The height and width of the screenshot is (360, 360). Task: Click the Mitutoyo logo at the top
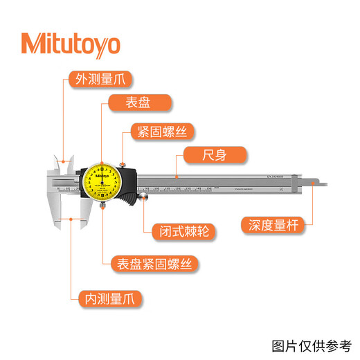click(70, 44)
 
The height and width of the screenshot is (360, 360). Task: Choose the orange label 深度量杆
click(274, 225)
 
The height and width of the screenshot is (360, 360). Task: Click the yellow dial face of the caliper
click(102, 181)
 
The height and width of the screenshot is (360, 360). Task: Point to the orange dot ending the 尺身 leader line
click(177, 178)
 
